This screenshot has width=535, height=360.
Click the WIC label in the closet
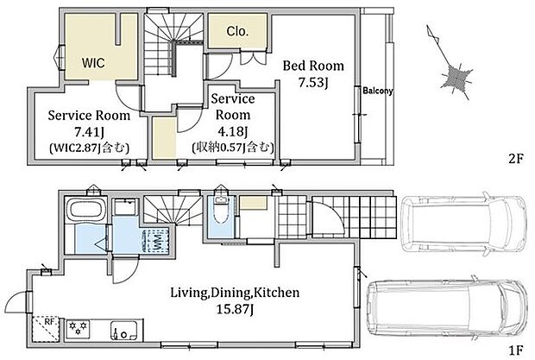93,63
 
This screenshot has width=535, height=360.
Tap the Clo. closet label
237,31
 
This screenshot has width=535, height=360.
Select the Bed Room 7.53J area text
313,73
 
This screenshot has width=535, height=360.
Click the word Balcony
378,91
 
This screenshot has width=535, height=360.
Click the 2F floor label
515,158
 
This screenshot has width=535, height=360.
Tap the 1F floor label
515,351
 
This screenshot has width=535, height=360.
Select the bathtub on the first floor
85,210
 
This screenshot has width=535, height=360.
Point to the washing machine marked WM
156,241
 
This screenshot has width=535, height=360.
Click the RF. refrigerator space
47,329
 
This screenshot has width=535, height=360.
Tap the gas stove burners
78,329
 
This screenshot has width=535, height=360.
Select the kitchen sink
124,330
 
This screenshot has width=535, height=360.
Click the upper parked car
464,224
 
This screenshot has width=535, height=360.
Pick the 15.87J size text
235,309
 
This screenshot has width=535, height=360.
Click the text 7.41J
89,131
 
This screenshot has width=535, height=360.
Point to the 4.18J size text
233,130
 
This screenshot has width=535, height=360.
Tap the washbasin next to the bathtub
125,207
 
